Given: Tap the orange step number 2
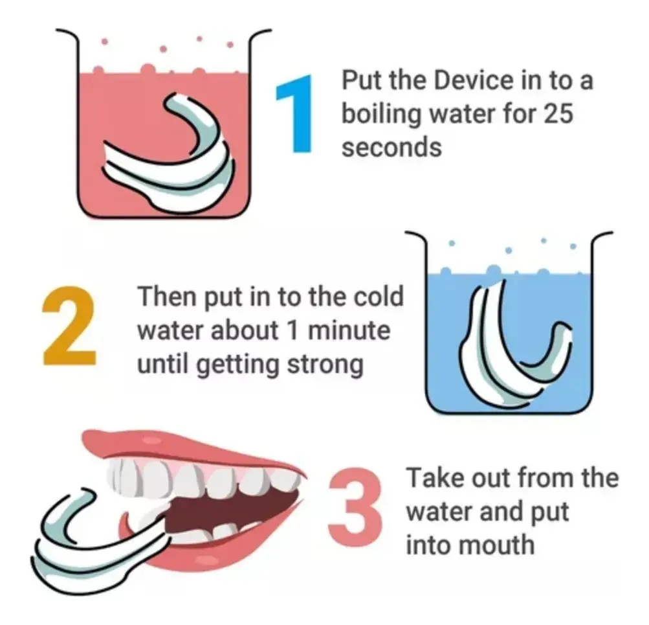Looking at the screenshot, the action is click(69, 325).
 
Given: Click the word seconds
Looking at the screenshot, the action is click(391, 147).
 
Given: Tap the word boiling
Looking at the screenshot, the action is click(380, 115).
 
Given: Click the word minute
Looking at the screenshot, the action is click(349, 330).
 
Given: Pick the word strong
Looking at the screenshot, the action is click(325, 365).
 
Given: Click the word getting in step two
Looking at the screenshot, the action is click(237, 367).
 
